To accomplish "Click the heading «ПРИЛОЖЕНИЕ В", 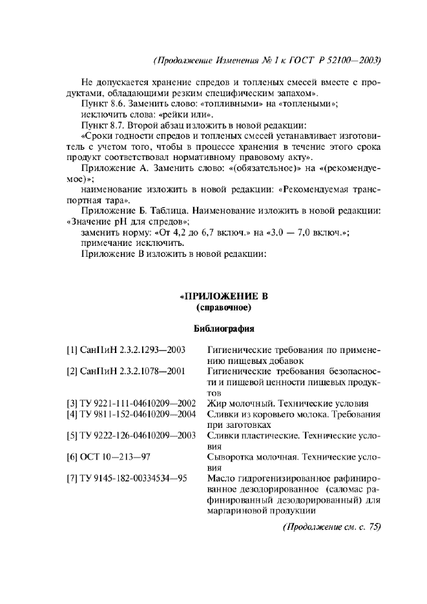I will pos(223,297).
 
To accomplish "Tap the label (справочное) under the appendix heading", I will pos(223,308).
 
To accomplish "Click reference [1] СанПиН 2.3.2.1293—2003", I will pos(126,350).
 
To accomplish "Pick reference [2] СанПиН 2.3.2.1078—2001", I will pos(126,371).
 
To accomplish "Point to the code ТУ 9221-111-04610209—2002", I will pos(131,403).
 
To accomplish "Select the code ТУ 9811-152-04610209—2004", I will pos(131,413).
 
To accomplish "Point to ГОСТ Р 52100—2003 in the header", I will pos(338,60).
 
